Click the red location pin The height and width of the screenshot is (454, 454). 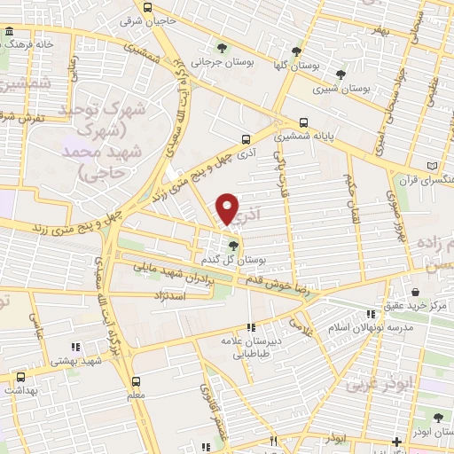(227, 209)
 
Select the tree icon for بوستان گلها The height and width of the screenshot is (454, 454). (296, 51)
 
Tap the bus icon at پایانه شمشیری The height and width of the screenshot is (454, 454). (304, 123)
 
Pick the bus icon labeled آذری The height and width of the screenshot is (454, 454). (247, 138)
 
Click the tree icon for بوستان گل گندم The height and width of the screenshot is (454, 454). (232, 245)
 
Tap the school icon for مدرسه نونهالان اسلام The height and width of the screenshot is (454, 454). (370, 315)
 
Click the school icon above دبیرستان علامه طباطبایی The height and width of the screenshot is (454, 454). (251, 327)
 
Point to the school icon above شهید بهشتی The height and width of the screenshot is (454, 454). (75, 347)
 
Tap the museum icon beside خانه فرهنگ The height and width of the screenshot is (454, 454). (8, 33)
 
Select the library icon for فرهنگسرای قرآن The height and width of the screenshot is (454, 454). (432, 165)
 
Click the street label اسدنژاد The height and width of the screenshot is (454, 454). (174, 294)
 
